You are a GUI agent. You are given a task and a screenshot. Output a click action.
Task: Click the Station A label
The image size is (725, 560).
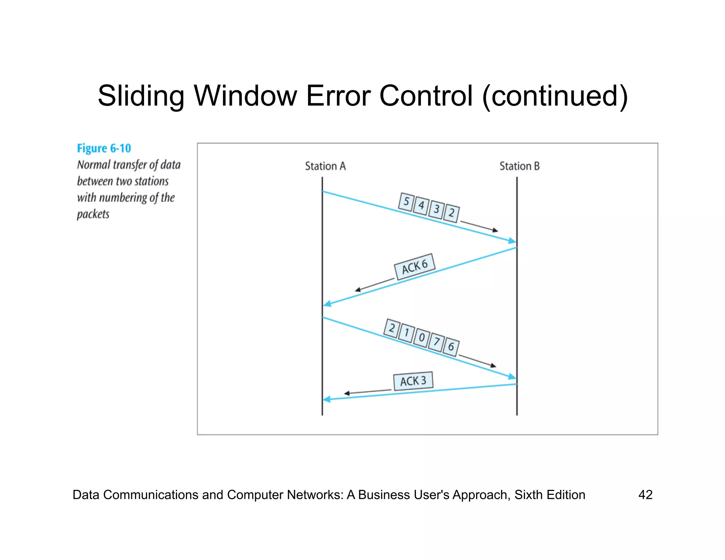pyautogui.click(x=325, y=166)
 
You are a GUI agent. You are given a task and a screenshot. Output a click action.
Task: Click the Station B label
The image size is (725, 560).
pyautogui.click(x=519, y=166)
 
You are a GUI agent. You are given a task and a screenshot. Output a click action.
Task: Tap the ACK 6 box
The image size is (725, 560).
pyautogui.click(x=415, y=267)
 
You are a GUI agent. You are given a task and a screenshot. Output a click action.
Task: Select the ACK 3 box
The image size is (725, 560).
pyautogui.click(x=413, y=381)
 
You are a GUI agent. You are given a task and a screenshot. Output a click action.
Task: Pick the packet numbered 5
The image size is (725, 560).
pyautogui.click(x=406, y=202)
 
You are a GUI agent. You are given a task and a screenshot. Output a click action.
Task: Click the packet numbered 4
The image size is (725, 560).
pyautogui.click(x=421, y=206)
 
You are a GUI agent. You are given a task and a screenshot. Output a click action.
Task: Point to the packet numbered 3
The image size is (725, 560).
pyautogui.click(x=436, y=209)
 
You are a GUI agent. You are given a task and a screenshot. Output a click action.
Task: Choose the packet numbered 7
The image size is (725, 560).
pyautogui.click(x=436, y=342)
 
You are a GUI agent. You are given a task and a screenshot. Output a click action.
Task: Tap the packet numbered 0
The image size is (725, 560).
pyautogui.click(x=421, y=337)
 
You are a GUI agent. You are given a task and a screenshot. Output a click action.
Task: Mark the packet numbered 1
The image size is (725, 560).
pyautogui.click(x=406, y=333)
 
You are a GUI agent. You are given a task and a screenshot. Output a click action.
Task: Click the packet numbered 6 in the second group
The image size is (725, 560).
pyautogui.click(x=451, y=347)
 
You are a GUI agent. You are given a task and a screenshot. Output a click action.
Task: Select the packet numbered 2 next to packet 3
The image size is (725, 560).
pyautogui.click(x=452, y=213)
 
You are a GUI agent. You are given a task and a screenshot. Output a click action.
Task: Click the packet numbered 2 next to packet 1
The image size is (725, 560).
pyautogui.click(x=392, y=328)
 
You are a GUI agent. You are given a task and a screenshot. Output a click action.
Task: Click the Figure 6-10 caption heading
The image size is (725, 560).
pyautogui.click(x=104, y=148)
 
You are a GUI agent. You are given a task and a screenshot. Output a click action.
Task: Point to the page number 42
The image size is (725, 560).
pyautogui.click(x=645, y=495)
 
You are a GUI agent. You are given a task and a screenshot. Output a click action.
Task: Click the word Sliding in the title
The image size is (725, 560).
pyautogui.click(x=141, y=96)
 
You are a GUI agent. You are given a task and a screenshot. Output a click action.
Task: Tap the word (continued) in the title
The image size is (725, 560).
pyautogui.click(x=555, y=96)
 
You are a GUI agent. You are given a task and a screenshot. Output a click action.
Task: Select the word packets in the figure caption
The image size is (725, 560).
pyautogui.click(x=93, y=214)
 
